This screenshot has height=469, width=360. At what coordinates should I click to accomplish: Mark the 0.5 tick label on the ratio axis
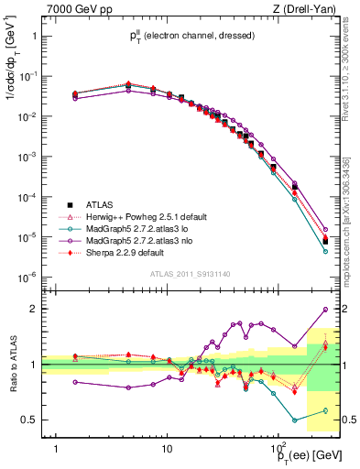coord(28,420)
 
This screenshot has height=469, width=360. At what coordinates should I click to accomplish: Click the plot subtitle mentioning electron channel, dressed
coord(191,36)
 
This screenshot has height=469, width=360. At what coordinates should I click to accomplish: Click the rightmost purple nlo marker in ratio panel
coord(326,310)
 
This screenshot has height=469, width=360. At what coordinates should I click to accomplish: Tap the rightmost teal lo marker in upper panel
coord(326,251)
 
